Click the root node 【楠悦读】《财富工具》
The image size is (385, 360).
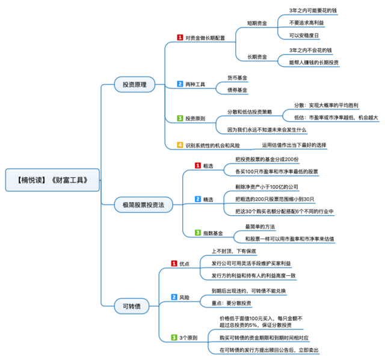click(52, 180)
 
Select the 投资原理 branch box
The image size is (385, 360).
click(134, 84)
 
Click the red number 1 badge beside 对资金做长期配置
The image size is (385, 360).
click(179, 37)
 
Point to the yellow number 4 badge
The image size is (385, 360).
click(179, 145)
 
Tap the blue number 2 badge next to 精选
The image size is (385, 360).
click(197, 198)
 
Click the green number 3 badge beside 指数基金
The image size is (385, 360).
click(197, 232)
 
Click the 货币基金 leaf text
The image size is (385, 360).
click(237, 78)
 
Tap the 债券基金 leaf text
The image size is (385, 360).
click(237, 90)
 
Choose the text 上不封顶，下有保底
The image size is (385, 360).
click(234, 251)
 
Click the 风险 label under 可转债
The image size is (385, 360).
click(185, 297)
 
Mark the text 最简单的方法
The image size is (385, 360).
click(260, 227)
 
